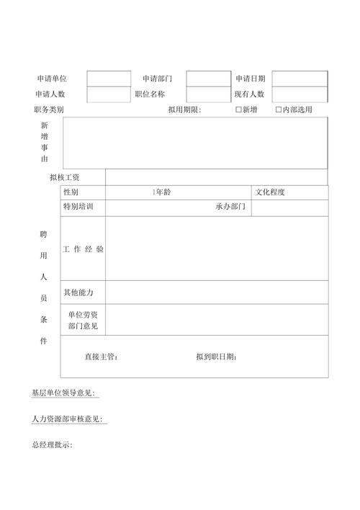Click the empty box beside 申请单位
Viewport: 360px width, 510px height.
(x=109, y=79)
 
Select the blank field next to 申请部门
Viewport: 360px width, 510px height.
(x=208, y=79)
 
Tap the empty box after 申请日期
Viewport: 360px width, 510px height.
(x=300, y=79)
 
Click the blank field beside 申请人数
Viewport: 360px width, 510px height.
(x=109, y=94)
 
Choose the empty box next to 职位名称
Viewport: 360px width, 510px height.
(x=208, y=94)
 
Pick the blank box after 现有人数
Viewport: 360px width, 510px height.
(x=300, y=94)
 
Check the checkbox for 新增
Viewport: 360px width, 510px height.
(x=239, y=110)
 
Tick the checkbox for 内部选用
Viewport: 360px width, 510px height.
(x=279, y=110)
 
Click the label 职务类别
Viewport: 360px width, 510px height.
(x=49, y=110)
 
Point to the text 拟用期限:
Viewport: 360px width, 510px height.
(x=185, y=110)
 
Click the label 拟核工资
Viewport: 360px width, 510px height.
(x=65, y=177)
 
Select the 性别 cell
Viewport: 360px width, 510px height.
(x=71, y=192)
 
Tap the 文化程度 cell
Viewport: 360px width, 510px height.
(x=271, y=192)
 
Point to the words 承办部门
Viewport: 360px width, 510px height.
(x=230, y=207)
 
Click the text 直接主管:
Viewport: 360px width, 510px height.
(x=101, y=357)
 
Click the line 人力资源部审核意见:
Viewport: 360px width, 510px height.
(x=67, y=419)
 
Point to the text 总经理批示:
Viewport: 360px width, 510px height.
(x=52, y=445)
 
